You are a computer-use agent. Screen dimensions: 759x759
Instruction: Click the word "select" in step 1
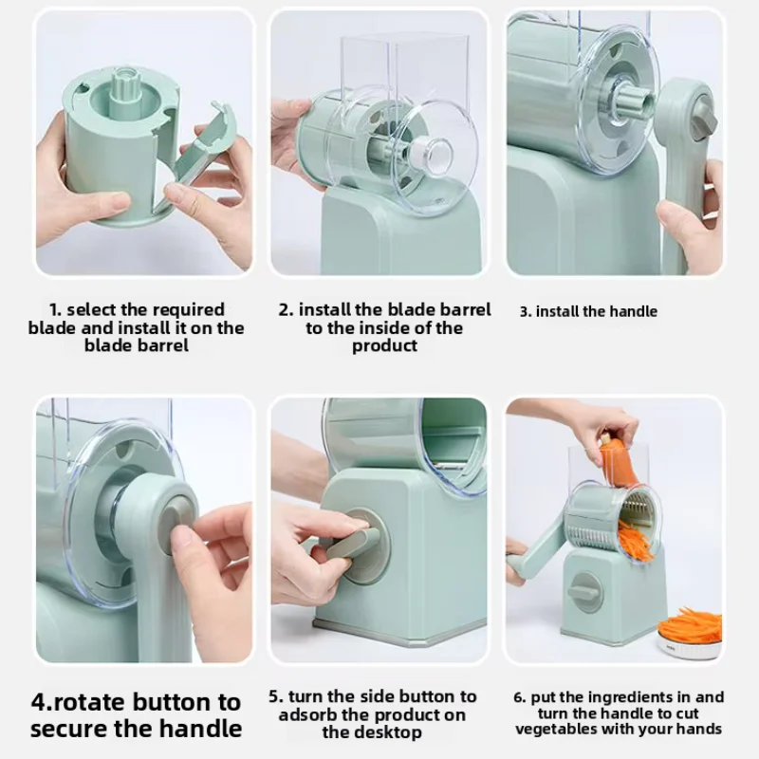pos(91,309)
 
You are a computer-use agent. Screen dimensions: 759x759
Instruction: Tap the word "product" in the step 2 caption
pos(384,345)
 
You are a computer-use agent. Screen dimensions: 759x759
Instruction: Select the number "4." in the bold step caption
pos(42,702)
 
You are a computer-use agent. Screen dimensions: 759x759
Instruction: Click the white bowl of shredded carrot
pos(690,637)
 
